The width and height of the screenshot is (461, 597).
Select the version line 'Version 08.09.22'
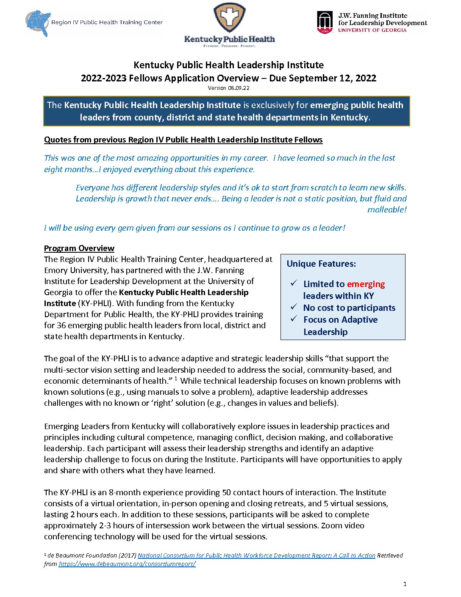pos(228,88)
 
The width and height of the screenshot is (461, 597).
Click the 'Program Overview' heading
pos(79,248)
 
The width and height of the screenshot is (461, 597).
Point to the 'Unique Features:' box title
pos(321,264)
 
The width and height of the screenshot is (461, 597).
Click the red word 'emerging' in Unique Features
pos(366,284)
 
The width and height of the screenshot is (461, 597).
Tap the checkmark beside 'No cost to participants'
pos(294,307)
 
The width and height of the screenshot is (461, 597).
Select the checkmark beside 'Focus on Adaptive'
pos(294,319)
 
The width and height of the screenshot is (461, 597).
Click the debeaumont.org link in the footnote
pos(127,564)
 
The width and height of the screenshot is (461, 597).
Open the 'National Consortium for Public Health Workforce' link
pos(256,555)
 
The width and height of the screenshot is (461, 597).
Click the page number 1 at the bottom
pos(405,584)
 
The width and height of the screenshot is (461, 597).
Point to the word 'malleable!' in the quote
pos(387,209)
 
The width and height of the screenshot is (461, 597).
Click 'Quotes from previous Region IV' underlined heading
pos(183,140)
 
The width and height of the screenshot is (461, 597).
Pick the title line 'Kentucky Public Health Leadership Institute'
pos(228,65)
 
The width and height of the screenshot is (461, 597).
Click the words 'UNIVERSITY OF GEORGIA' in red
pos(372,31)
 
